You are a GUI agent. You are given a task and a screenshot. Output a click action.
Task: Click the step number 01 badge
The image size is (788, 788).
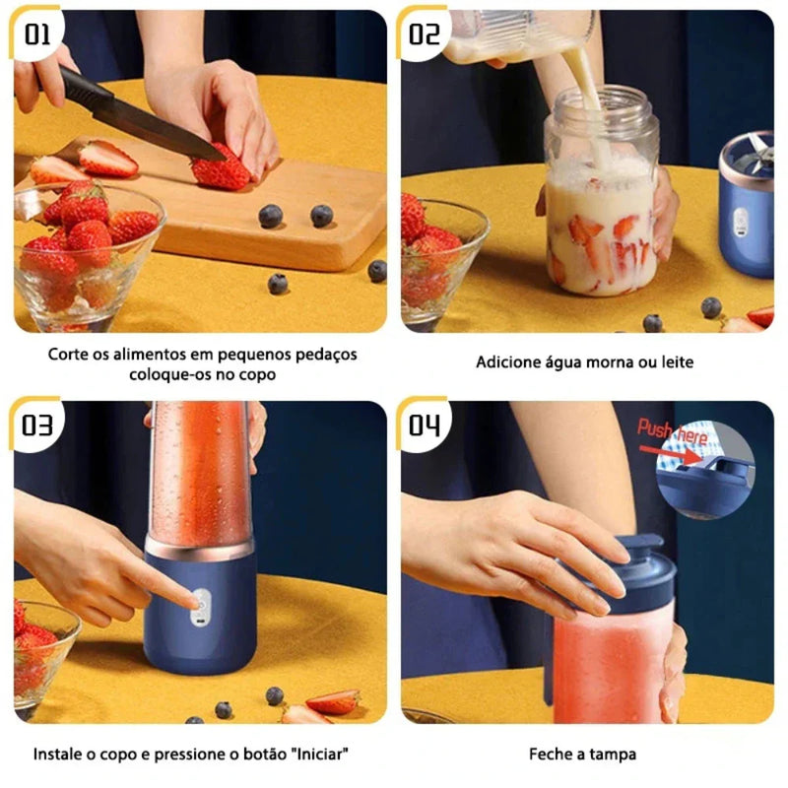(x=37, y=35)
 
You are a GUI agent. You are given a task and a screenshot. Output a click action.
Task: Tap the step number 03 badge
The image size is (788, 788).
(x=37, y=425)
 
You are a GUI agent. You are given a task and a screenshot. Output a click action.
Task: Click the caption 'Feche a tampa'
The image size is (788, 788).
(x=582, y=755)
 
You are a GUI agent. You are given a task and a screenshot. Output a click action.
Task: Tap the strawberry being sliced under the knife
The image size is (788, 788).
(x=221, y=169)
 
